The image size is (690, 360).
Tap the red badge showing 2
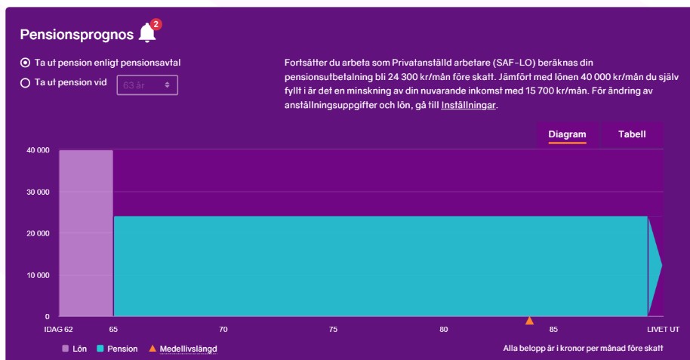point(156,25)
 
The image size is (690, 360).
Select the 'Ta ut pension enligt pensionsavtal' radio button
point(25,63)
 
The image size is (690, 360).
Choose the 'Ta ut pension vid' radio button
point(25,83)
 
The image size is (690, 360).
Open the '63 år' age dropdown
point(147,85)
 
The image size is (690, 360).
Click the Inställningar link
point(468,106)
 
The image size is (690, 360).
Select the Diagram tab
point(567,134)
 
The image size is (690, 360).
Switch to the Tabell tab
point(632,134)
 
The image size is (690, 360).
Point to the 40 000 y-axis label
point(38,150)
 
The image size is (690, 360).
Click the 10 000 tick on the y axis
point(38,275)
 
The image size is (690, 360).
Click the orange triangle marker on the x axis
point(529,321)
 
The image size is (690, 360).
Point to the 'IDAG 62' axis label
point(58,330)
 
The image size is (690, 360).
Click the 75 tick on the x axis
point(333,330)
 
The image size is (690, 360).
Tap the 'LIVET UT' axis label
point(663,330)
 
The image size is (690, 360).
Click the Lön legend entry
point(75,349)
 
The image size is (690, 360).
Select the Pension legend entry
point(118,349)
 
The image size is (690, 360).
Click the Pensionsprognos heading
point(76,35)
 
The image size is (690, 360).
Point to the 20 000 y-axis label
point(38,233)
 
